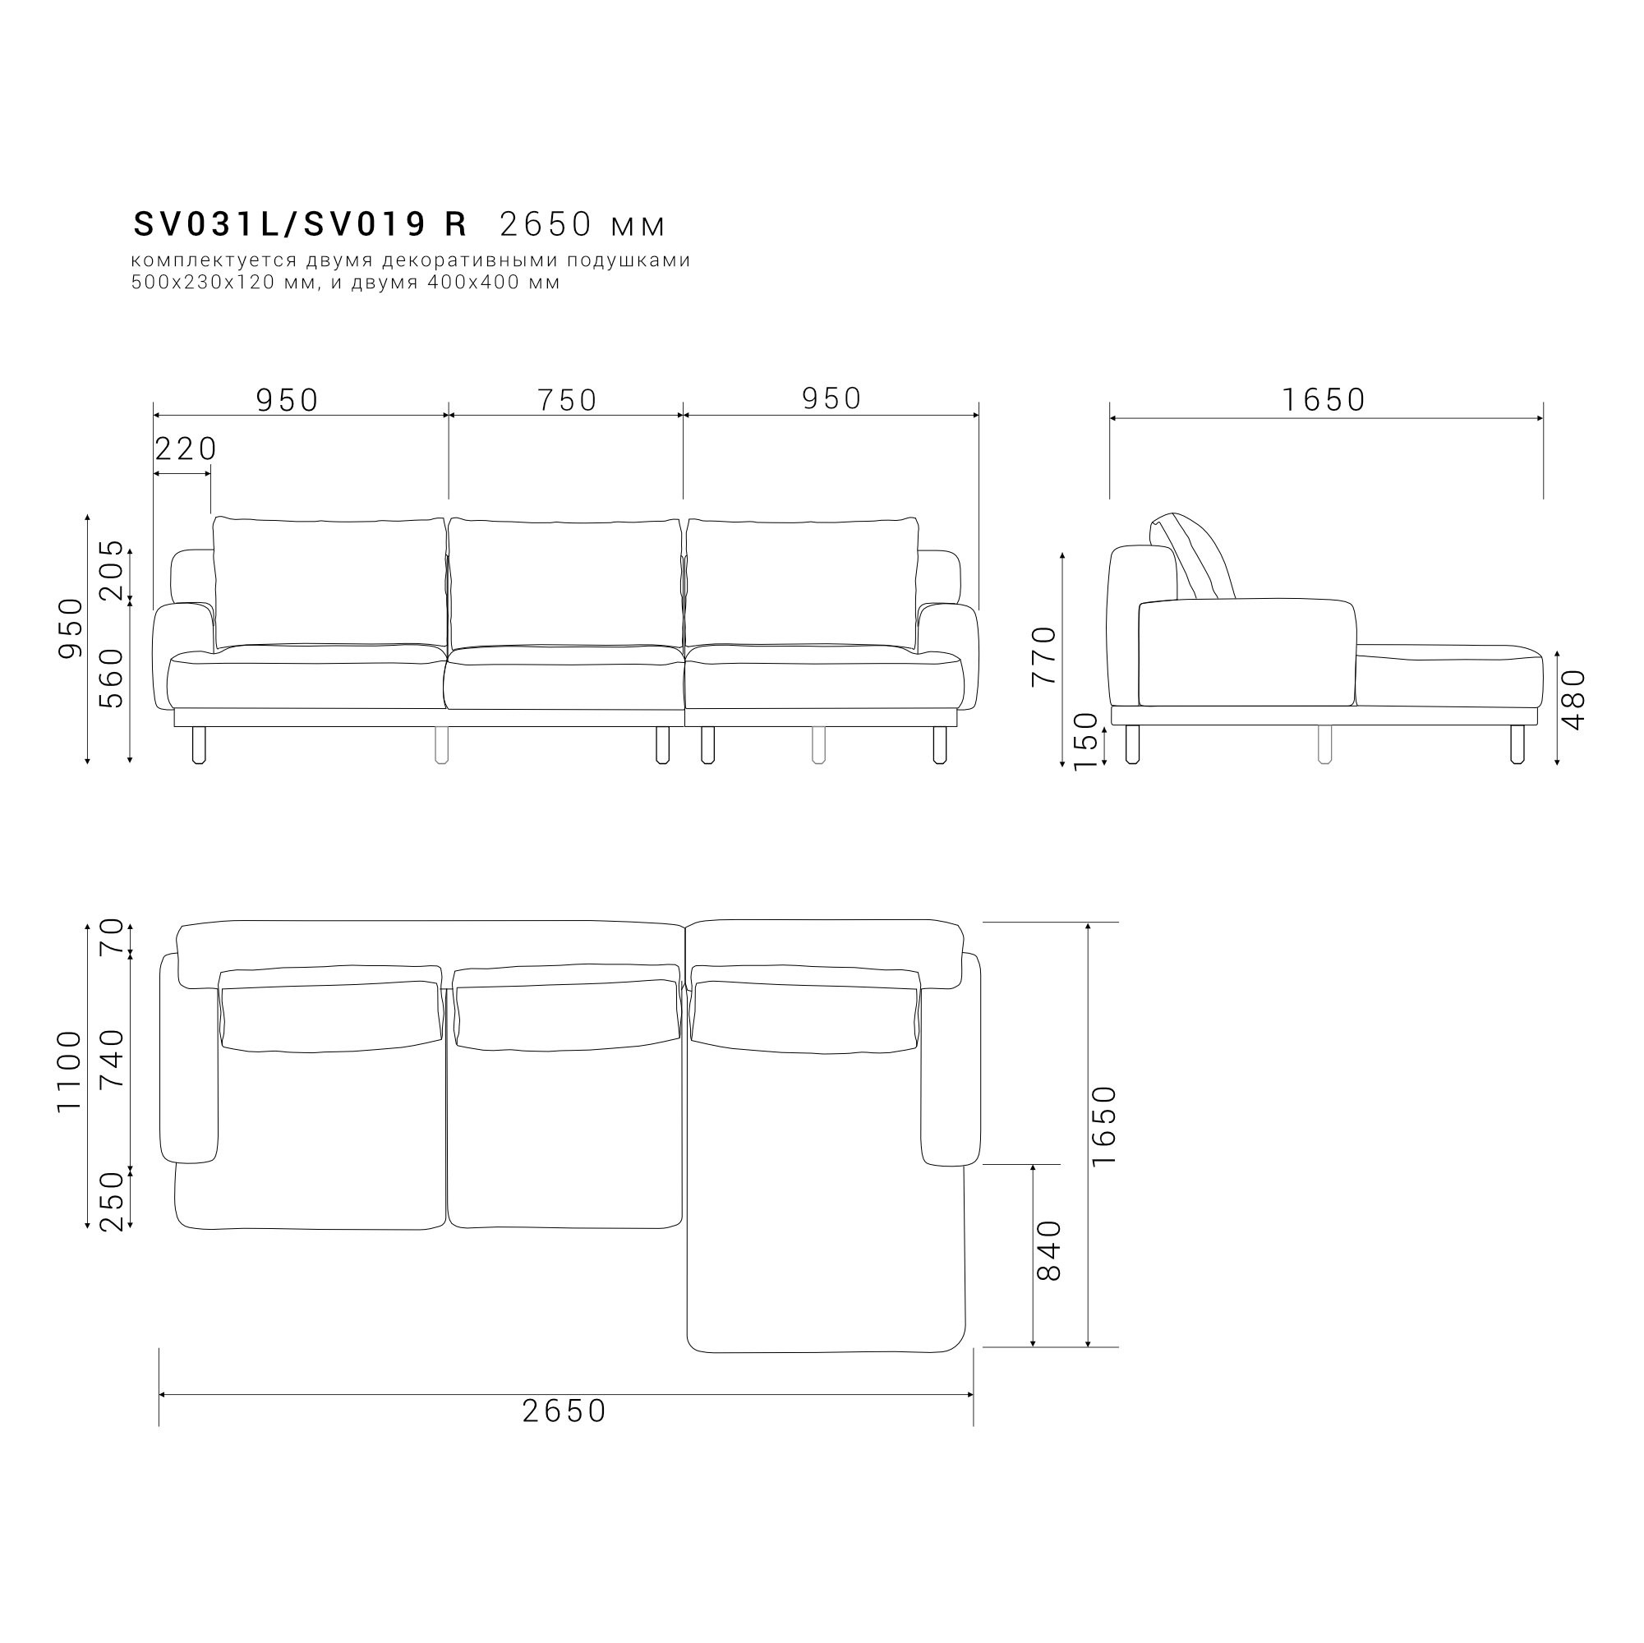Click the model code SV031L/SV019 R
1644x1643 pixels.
coord(302,223)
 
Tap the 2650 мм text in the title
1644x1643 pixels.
coord(583,224)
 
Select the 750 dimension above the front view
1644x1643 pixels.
coord(568,400)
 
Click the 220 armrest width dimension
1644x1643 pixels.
coord(187,449)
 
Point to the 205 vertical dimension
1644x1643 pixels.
coord(112,570)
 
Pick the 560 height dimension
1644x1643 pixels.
coord(112,678)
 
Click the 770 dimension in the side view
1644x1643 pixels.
coord(1044,656)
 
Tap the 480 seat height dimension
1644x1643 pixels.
coord(1574,699)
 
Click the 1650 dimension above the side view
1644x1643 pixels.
coord(1324,400)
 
